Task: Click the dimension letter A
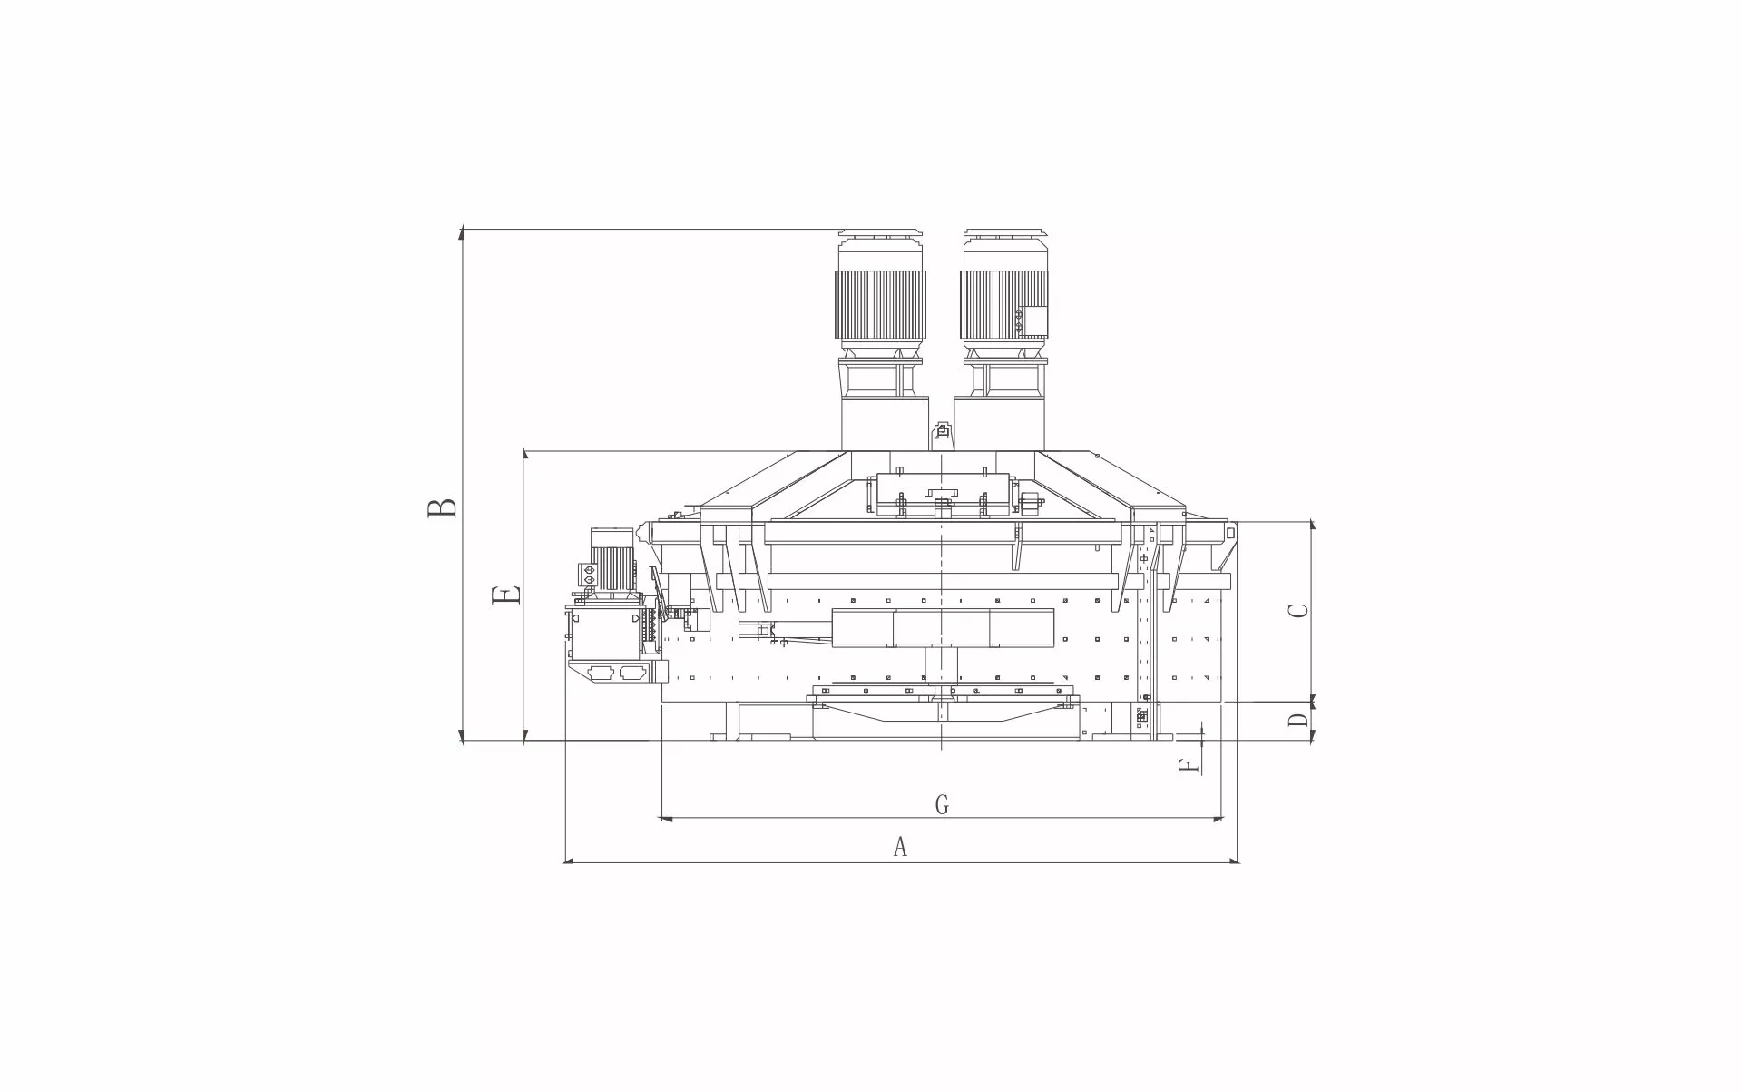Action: [900, 847]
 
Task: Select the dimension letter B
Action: [443, 507]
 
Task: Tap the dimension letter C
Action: [1299, 611]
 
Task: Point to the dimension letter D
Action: [1299, 721]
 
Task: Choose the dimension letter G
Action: [942, 804]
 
